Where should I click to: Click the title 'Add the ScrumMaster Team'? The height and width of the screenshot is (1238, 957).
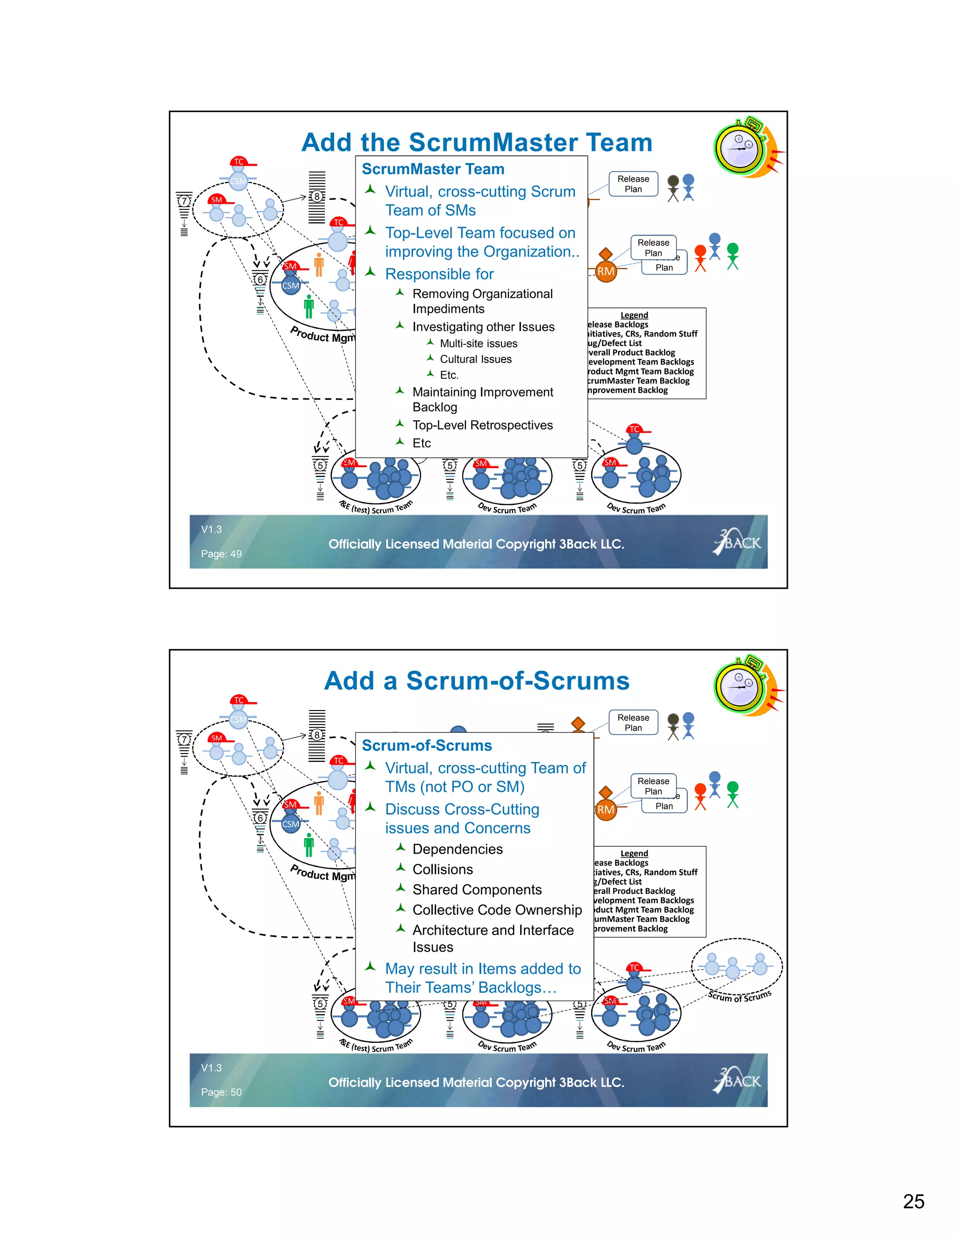(x=477, y=142)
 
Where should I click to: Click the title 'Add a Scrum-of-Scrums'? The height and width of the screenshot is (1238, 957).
(x=477, y=681)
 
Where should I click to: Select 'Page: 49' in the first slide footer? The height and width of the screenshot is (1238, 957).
(x=221, y=554)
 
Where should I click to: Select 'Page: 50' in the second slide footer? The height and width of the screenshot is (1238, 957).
(x=221, y=1092)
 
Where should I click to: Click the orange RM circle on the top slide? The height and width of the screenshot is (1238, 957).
(x=606, y=271)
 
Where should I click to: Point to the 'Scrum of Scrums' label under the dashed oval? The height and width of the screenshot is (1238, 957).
(x=739, y=996)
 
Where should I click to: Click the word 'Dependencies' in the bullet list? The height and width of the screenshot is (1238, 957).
(x=457, y=849)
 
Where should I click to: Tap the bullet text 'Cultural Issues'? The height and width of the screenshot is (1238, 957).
(x=476, y=359)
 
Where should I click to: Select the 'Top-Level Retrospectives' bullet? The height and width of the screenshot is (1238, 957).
(x=482, y=425)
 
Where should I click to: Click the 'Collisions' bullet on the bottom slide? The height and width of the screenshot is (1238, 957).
(x=442, y=869)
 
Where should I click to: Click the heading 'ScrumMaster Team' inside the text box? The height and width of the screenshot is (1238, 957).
(x=433, y=170)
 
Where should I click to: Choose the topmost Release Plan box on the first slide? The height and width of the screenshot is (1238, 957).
(x=633, y=184)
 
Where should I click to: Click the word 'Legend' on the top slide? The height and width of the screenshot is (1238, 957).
(x=634, y=315)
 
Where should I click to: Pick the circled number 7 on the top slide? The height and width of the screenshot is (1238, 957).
(x=184, y=201)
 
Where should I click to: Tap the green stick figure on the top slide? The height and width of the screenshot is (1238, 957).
(x=733, y=256)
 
